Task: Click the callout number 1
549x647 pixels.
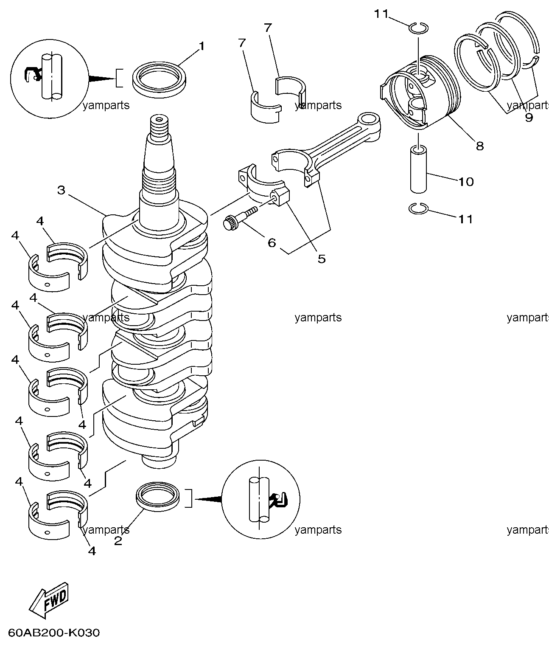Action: pyautogui.click(x=202, y=46)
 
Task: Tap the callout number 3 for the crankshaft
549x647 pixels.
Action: pyautogui.click(x=62, y=190)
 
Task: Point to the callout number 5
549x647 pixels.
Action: pyautogui.click(x=322, y=259)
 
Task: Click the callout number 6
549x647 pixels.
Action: pyautogui.click(x=272, y=242)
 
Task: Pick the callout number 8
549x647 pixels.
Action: pyautogui.click(x=480, y=146)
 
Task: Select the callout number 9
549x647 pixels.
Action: pyautogui.click(x=529, y=118)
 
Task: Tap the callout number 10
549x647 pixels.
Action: pyautogui.click(x=466, y=182)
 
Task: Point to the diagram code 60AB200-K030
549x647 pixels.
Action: pyautogui.click(x=54, y=633)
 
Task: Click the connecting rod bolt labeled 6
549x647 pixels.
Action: pyautogui.click(x=240, y=219)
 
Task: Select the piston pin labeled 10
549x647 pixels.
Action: pyautogui.click(x=419, y=169)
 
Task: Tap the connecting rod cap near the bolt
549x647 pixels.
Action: pyautogui.click(x=264, y=187)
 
